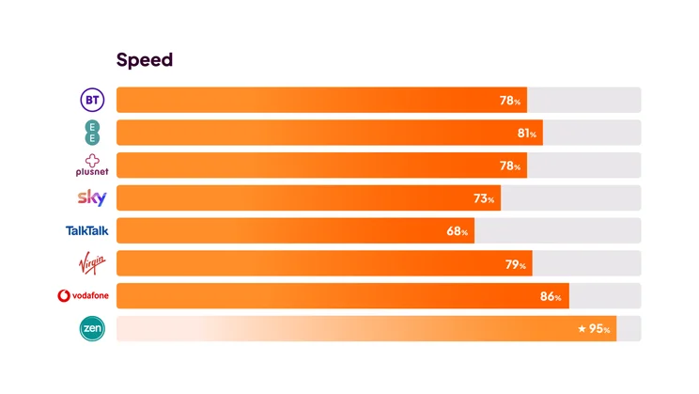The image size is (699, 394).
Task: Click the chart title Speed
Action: tap(144, 60)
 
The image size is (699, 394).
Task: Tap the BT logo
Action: tap(91, 100)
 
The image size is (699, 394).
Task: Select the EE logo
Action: tap(91, 133)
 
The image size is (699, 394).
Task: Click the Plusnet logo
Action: tap(91, 165)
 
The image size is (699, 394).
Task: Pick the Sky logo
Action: tap(91, 198)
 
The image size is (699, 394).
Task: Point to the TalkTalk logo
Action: tap(86, 230)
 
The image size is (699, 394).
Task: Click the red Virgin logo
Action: tap(92, 262)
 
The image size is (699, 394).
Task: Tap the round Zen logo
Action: tap(92, 328)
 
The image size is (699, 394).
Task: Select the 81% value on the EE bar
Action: tap(527, 134)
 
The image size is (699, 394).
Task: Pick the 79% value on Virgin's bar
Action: tap(517, 264)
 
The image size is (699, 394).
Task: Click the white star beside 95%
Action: tap(582, 329)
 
